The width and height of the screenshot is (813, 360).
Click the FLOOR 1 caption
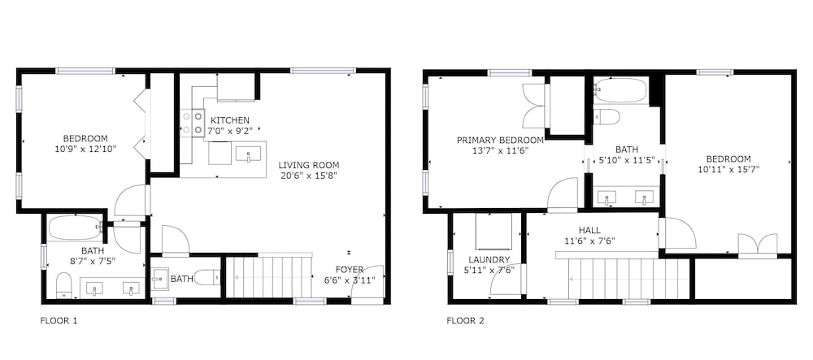[59, 321]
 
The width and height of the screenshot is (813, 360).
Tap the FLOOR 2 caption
[465, 321]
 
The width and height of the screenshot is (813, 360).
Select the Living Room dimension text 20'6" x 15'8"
[308, 175]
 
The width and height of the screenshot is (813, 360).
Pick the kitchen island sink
[249, 154]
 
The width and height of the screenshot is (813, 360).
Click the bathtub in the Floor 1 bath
[75, 228]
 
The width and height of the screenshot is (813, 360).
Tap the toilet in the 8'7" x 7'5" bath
[63, 286]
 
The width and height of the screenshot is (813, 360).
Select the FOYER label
[350, 269]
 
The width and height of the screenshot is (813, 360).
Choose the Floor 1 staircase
[270, 277]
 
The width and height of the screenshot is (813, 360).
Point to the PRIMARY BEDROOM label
[500, 140]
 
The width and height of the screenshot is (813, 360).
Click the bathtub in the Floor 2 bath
[621, 90]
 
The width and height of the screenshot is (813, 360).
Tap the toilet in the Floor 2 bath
[606, 116]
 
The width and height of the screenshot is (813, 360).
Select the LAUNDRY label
[489, 259]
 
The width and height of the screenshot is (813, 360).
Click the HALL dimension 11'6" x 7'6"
[589, 241]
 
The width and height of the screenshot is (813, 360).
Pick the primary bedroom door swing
[563, 194]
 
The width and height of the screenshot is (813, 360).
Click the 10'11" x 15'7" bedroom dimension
[728, 169]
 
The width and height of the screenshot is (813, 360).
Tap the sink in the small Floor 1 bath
[160, 279]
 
